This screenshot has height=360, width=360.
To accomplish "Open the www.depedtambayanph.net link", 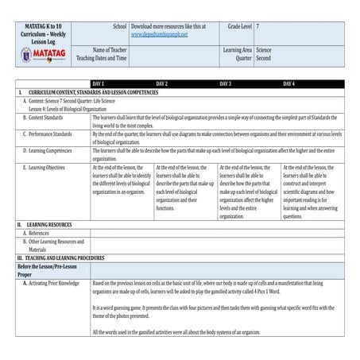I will point(159,35).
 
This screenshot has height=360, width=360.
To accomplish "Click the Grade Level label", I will point(235,26).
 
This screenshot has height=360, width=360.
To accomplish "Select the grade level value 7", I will point(257,26).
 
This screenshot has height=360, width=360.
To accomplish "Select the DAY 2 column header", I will point(161,83).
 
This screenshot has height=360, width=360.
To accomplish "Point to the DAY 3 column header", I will point(225,83).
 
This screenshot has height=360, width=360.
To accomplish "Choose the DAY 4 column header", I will point(288,83).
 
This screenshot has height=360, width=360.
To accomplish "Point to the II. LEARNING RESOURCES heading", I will point(49,225).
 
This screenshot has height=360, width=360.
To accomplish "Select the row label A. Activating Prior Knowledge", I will point(52,282).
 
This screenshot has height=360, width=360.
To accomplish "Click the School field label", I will point(118,26).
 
